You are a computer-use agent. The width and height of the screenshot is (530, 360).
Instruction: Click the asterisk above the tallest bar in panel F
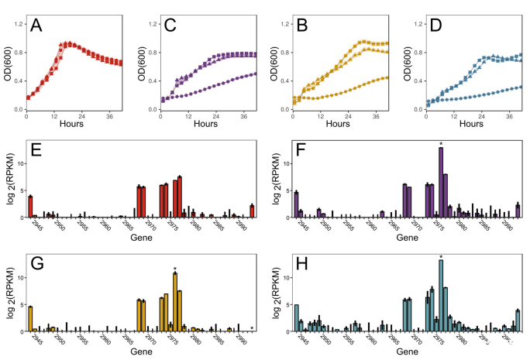coord(440,143)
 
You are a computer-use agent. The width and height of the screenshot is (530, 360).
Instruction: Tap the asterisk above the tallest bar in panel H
coord(440,257)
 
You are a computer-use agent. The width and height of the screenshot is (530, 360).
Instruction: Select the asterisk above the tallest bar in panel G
coord(175,269)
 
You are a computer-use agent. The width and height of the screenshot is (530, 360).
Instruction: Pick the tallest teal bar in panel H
coord(440,295)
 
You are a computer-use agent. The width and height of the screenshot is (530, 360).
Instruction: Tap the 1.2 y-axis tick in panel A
coord(18,24)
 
